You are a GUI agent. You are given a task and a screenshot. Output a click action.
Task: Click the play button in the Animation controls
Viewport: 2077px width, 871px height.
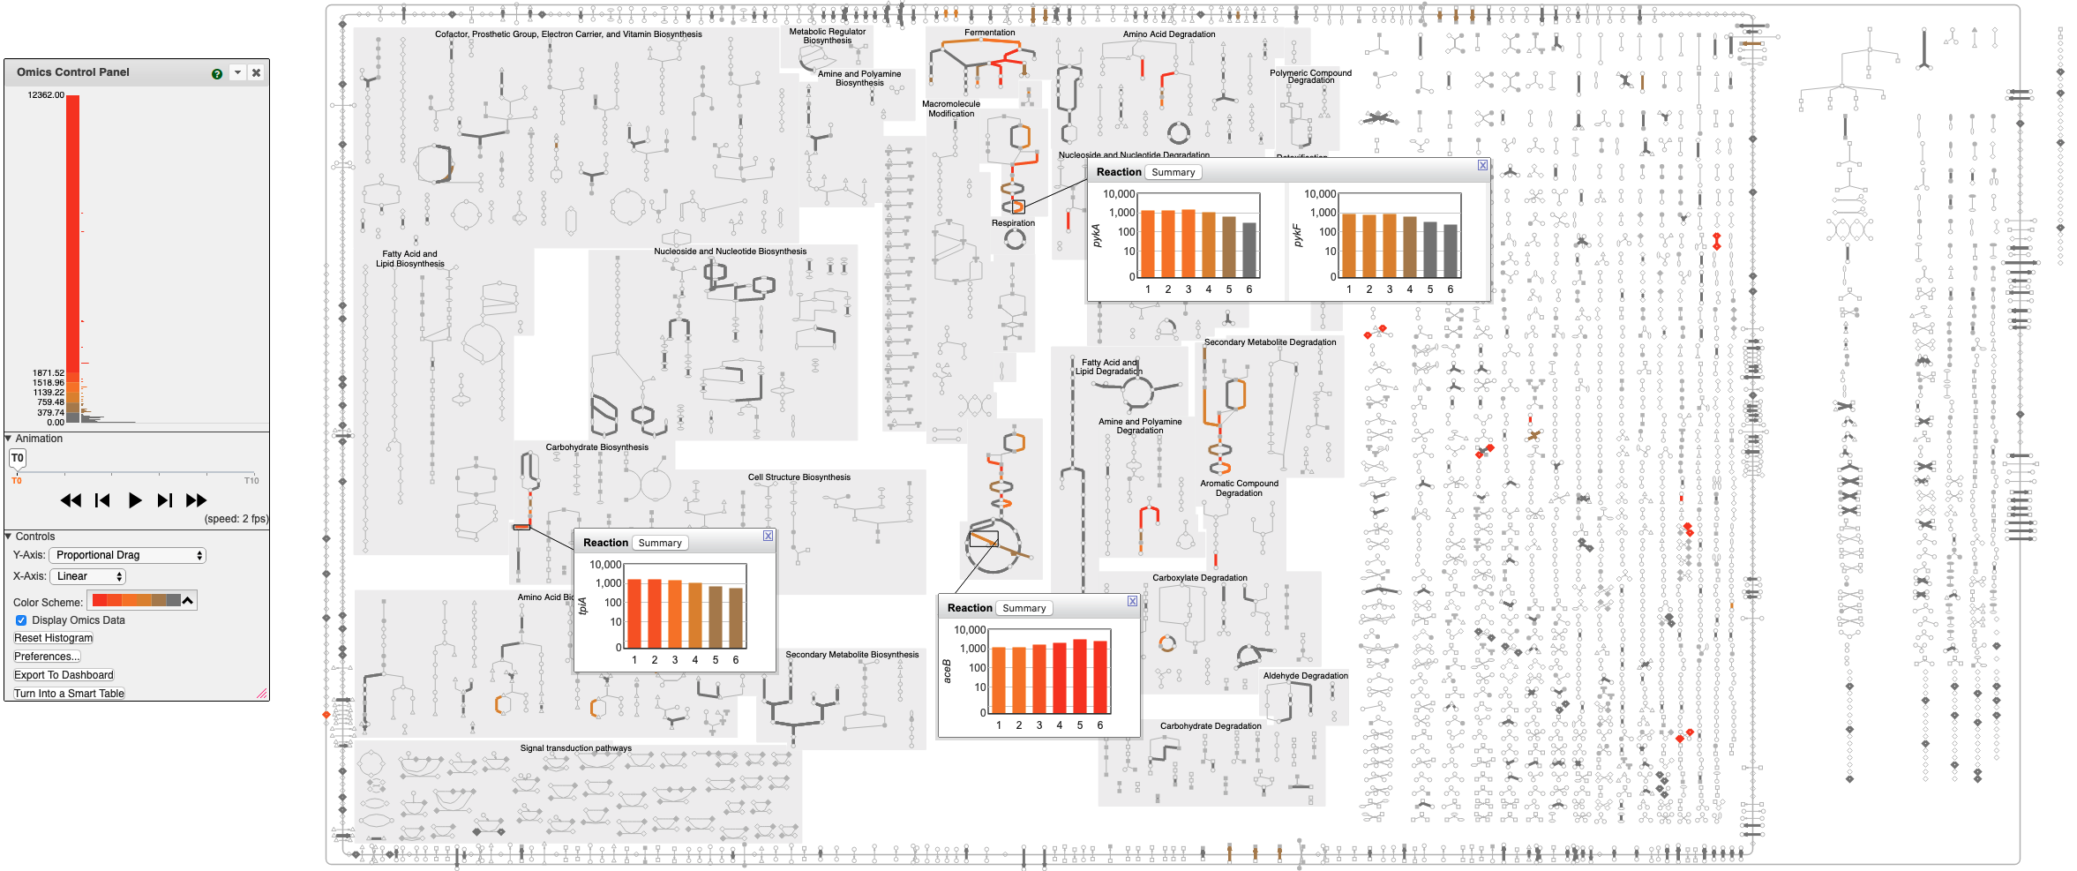tap(134, 500)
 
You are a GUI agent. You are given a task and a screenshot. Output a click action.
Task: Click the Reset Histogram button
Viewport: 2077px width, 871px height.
tap(53, 638)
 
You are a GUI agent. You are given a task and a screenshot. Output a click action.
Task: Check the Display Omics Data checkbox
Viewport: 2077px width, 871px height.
tap(21, 620)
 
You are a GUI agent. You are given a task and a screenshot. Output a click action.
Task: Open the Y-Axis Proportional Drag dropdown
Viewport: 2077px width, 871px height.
tap(127, 555)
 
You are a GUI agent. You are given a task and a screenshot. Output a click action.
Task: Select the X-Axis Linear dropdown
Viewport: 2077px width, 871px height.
tap(88, 576)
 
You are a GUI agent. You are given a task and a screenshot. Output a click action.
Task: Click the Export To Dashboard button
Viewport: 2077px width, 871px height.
tap(64, 675)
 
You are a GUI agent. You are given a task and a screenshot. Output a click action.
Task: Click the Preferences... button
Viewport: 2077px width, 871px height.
tap(47, 657)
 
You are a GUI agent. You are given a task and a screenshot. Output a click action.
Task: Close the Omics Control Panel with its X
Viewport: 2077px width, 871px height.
tap(256, 72)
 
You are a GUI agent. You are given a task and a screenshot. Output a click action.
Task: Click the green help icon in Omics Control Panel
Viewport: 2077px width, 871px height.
tap(217, 73)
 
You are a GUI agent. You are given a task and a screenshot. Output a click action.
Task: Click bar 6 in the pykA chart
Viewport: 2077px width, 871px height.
tap(1249, 250)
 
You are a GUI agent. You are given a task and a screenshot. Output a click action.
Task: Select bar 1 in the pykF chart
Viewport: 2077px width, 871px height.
tap(1348, 245)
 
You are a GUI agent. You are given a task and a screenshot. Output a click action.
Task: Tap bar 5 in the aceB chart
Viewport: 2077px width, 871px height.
tap(1079, 676)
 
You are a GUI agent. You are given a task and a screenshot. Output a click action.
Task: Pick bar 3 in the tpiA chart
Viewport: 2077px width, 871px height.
tap(675, 614)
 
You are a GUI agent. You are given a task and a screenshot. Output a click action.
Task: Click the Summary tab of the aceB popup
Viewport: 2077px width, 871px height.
tap(1024, 608)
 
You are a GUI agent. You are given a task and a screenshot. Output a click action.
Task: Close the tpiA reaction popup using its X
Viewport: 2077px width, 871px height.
tap(769, 536)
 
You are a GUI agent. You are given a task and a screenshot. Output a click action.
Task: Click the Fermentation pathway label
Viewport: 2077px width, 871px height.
tap(989, 33)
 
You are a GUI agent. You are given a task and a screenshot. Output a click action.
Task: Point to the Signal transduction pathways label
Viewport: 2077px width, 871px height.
tap(575, 748)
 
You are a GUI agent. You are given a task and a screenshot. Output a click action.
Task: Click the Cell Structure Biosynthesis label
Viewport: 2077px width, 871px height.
tap(799, 477)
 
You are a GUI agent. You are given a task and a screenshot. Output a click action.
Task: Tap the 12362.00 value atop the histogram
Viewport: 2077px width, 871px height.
tap(46, 94)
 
